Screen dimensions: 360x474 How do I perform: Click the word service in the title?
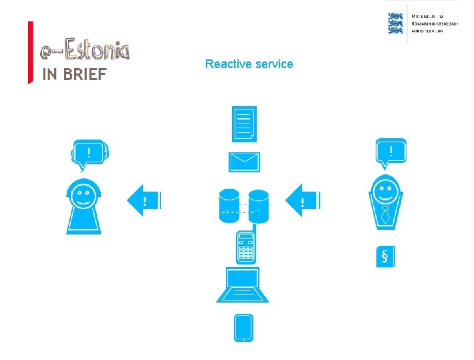[x=271, y=64]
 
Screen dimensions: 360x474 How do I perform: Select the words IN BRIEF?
[x=74, y=75]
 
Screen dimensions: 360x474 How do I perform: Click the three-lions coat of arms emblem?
[x=396, y=22]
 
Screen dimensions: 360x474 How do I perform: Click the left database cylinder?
[x=229, y=206]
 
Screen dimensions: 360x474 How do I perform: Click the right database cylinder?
[x=259, y=206]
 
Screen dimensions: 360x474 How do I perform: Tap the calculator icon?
[x=245, y=246]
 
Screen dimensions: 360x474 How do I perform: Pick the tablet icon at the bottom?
[x=243, y=328]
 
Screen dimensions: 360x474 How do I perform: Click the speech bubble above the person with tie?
[x=391, y=152]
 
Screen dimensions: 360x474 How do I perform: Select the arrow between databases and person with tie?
[x=304, y=200]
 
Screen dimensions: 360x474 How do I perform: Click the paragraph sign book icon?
[x=385, y=257]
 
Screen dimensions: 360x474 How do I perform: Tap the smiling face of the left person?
[x=84, y=195]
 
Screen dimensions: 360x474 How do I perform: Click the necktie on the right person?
[x=386, y=215]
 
